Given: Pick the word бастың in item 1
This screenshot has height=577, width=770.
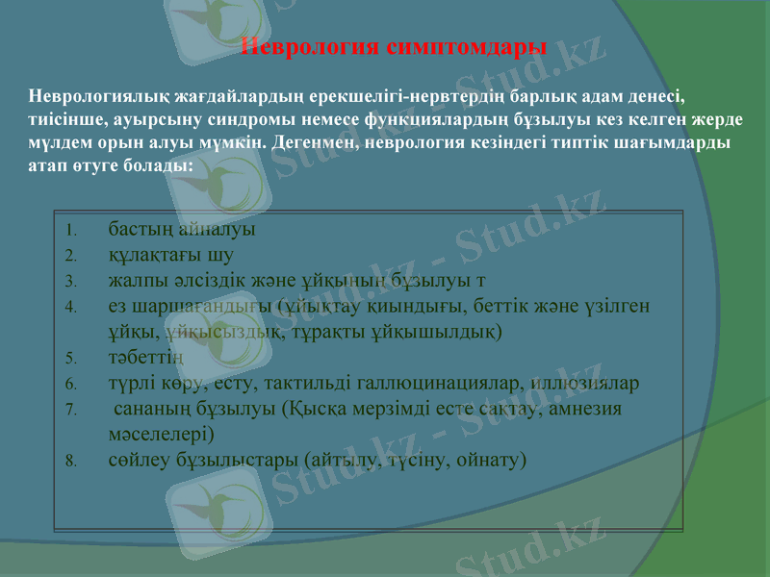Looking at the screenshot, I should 141,231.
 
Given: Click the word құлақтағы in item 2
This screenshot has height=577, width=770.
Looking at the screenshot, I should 155,256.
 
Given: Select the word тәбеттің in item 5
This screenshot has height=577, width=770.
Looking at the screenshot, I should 145,358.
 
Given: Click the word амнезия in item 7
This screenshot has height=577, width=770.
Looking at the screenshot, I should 586,408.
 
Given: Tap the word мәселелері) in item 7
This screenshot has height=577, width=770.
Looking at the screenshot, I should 162,434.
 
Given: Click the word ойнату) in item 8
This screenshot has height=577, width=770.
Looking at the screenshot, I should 493,459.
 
